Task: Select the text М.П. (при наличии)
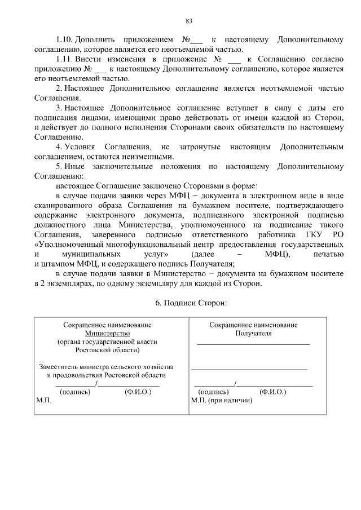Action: (x=221, y=400)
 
